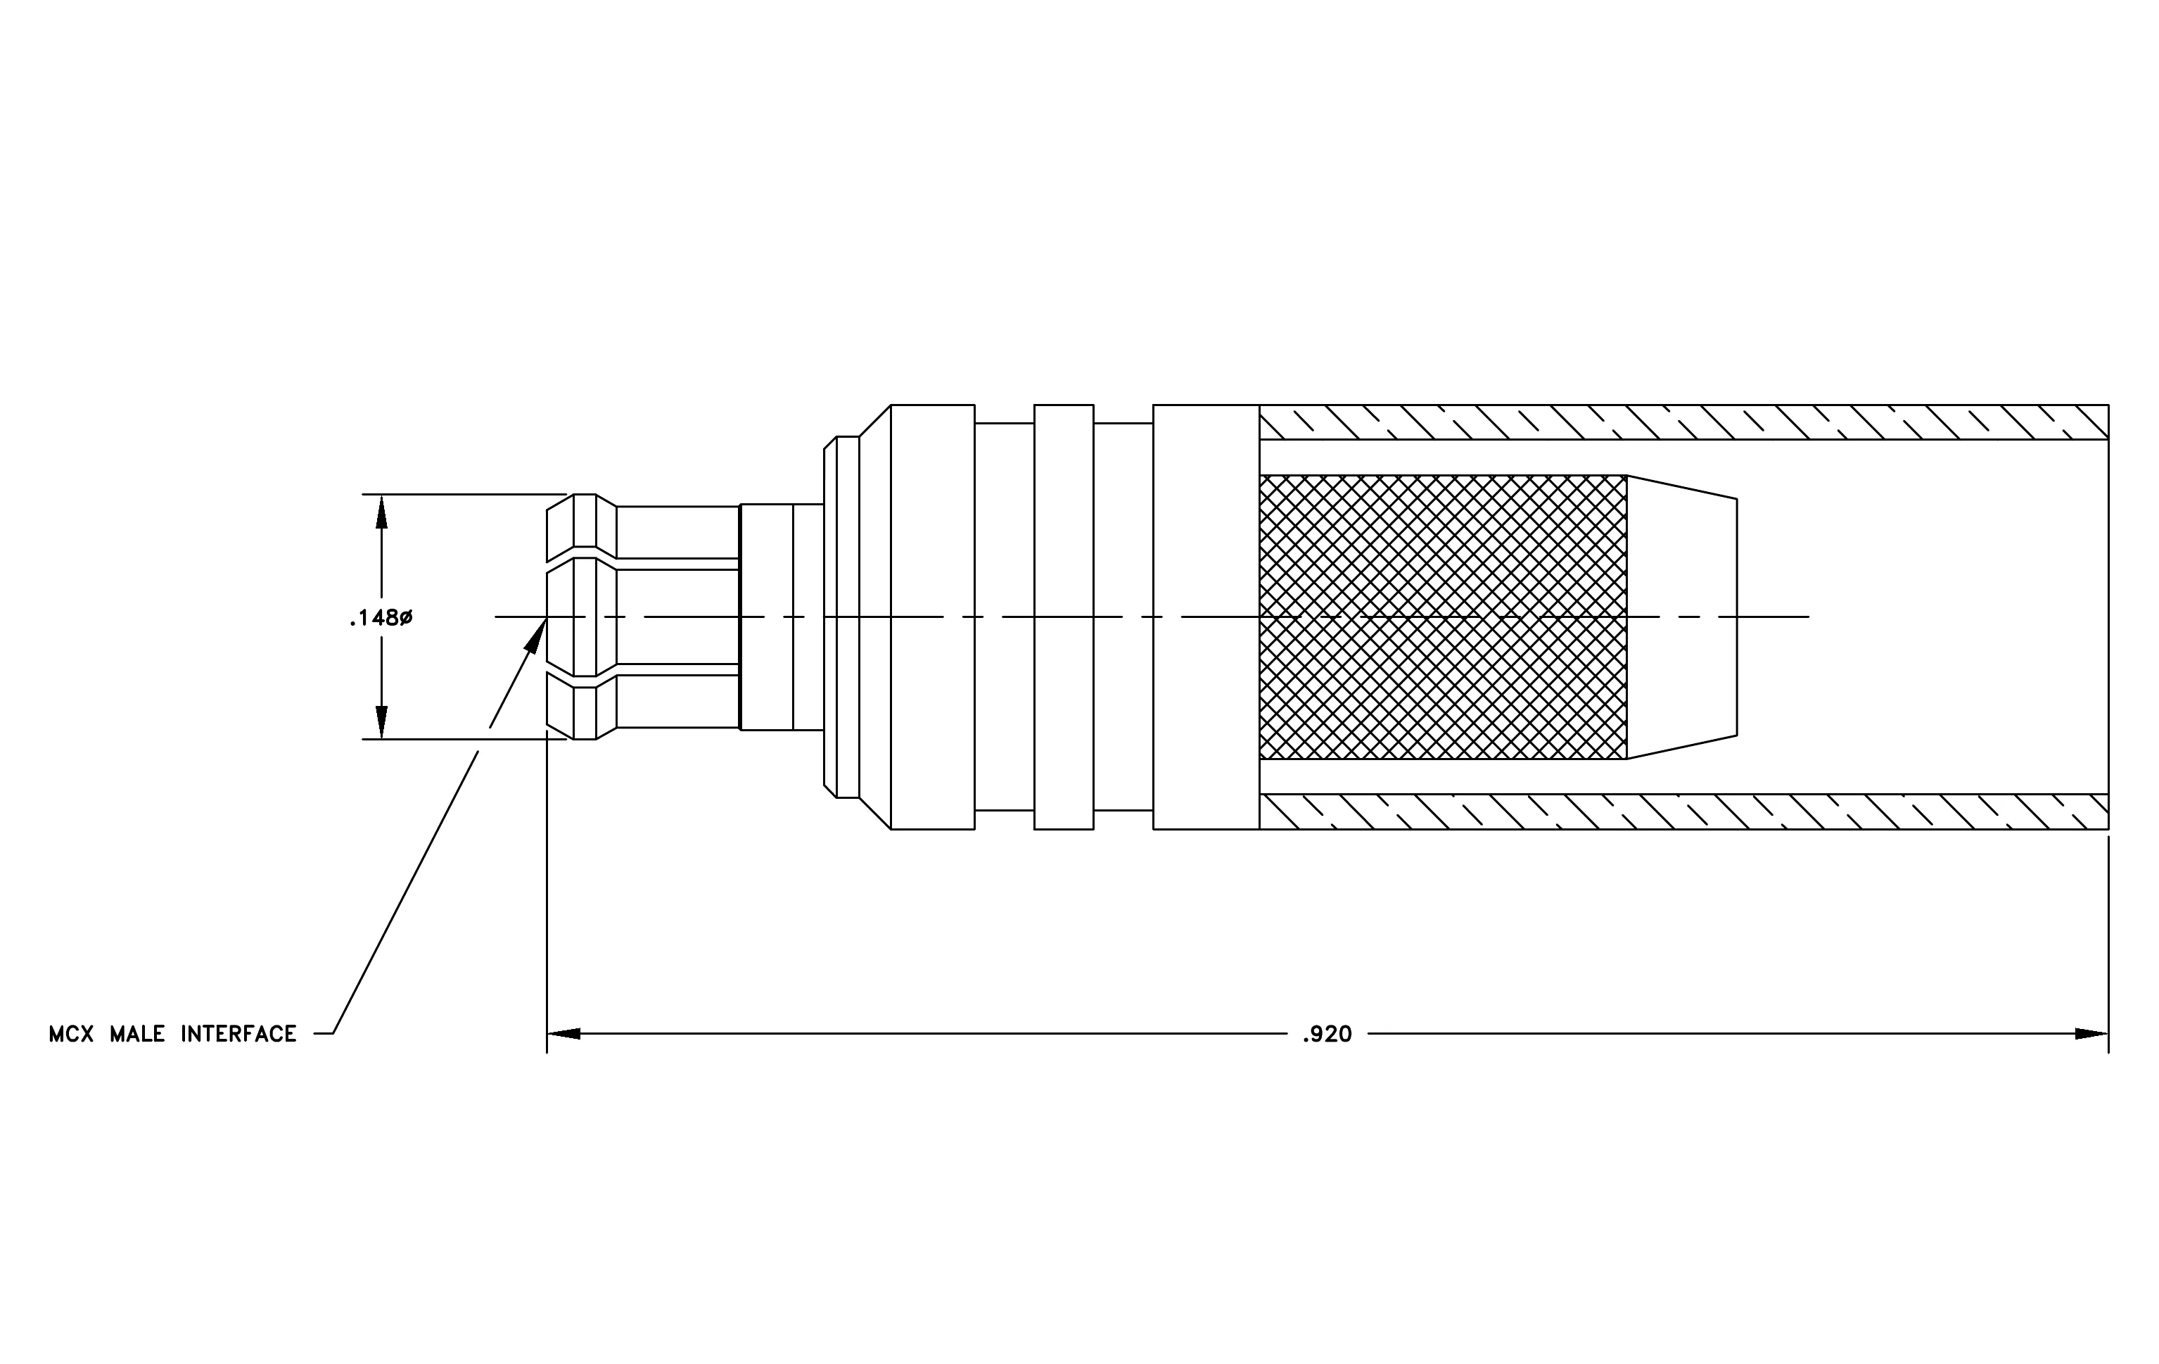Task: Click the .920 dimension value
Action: pyautogui.click(x=1327, y=1035)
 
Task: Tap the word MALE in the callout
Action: pyautogui.click(x=137, y=1035)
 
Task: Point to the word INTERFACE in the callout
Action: pyautogui.click(x=238, y=1035)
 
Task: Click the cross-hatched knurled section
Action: pyautogui.click(x=1443, y=617)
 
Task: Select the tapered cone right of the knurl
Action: pyautogui.click(x=1682, y=617)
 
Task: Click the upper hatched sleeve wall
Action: pyautogui.click(x=1684, y=422)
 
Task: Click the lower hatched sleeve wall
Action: pyautogui.click(x=1684, y=812)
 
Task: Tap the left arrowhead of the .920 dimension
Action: pyautogui.click(x=563, y=1034)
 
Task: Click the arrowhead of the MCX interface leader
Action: pyautogui.click(x=536, y=635)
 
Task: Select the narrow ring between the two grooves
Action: pyautogui.click(x=1064, y=617)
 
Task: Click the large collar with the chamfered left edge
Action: pyautogui.click(x=917, y=617)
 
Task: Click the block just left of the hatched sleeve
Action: pyautogui.click(x=1206, y=617)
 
